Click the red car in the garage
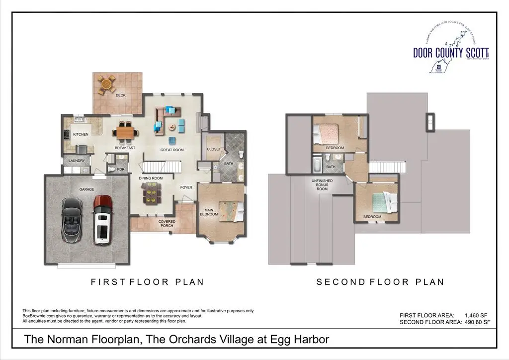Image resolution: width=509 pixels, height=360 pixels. click(x=103, y=219)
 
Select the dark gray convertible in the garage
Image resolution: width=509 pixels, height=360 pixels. click(x=72, y=219)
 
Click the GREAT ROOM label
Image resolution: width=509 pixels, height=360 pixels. click(x=172, y=150)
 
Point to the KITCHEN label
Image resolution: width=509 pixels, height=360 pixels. click(x=81, y=135)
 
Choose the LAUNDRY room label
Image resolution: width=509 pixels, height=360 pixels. click(x=77, y=161)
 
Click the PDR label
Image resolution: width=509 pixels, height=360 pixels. click(x=120, y=170)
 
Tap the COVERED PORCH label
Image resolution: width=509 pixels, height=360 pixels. click(x=167, y=224)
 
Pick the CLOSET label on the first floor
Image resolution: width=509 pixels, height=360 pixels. click(x=214, y=149)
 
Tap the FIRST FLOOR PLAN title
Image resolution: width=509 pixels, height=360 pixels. click(x=147, y=282)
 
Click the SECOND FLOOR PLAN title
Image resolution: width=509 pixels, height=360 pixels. click(x=380, y=282)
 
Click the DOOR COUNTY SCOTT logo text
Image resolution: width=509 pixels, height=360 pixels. click(x=450, y=52)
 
